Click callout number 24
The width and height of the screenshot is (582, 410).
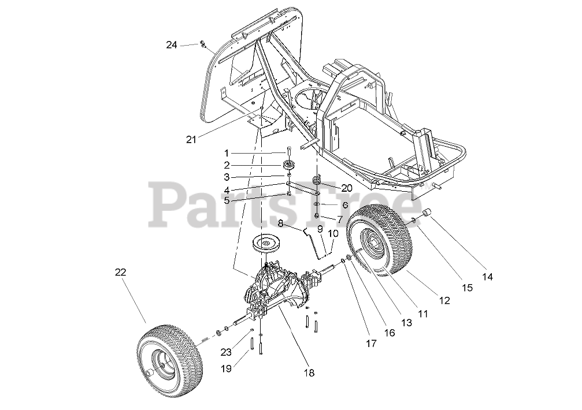[172, 45]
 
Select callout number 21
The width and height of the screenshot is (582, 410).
[192, 139]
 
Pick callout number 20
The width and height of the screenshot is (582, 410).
[347, 188]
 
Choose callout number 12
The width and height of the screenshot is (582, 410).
[444, 301]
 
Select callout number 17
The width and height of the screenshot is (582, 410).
[371, 343]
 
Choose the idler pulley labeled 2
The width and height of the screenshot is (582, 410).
[289, 166]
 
